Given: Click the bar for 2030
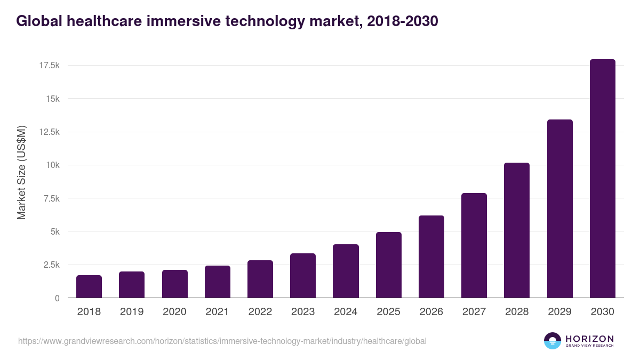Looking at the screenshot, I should (x=602, y=179).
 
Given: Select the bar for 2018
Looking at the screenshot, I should (x=89, y=286).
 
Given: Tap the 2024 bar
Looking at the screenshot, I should (x=346, y=271).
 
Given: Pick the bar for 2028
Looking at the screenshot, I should (x=517, y=230).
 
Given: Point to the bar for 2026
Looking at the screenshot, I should (x=431, y=257).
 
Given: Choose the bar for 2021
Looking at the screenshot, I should (x=218, y=282).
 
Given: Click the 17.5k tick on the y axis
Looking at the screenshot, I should (x=49, y=66).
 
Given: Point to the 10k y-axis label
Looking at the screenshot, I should (x=51, y=165).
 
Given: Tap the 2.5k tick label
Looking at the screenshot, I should (x=51, y=265).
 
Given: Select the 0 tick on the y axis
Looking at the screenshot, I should (x=57, y=298).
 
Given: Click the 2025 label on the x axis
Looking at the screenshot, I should (x=388, y=312).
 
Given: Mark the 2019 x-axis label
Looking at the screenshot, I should (x=132, y=312).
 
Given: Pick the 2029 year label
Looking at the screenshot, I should (x=559, y=312).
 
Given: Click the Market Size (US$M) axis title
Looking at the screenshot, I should (x=21, y=172).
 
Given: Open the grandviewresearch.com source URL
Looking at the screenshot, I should (x=222, y=341).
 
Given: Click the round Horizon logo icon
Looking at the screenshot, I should (x=553, y=341).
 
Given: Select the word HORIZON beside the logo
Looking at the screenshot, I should (x=589, y=339).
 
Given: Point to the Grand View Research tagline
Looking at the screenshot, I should (x=589, y=346).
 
